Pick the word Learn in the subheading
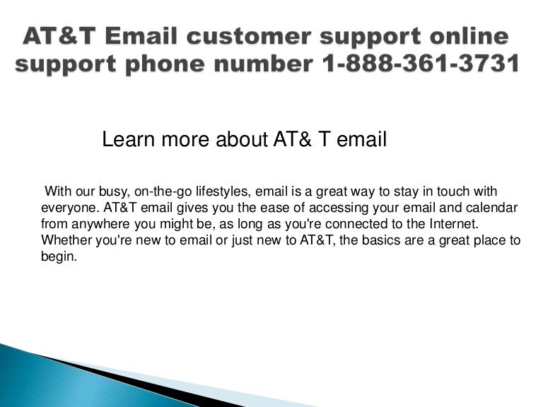pos(125,140)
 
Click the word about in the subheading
pos(244,140)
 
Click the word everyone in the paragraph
pos(69,209)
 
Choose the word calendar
pos(494,209)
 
